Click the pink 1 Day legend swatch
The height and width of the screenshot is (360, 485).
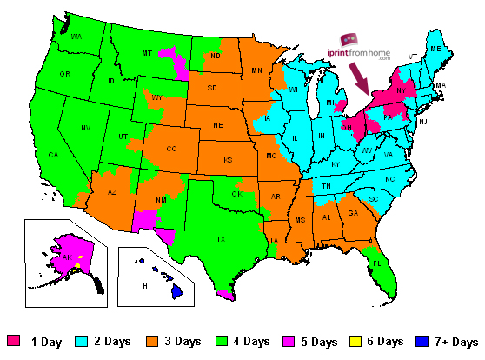click(x=14, y=342)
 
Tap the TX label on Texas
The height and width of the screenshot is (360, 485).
click(x=221, y=238)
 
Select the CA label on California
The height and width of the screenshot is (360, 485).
click(x=53, y=155)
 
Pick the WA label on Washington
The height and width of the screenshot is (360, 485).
click(x=77, y=37)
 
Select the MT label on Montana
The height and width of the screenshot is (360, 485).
click(x=147, y=54)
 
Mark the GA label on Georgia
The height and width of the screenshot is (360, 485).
click(x=353, y=212)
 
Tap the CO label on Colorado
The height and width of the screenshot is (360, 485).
click(x=171, y=149)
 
